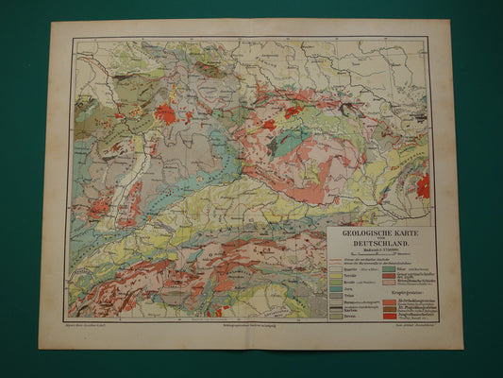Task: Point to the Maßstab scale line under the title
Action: click(380, 254)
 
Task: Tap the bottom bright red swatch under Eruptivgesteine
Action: click(388, 317)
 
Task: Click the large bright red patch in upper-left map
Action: click(164, 114)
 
